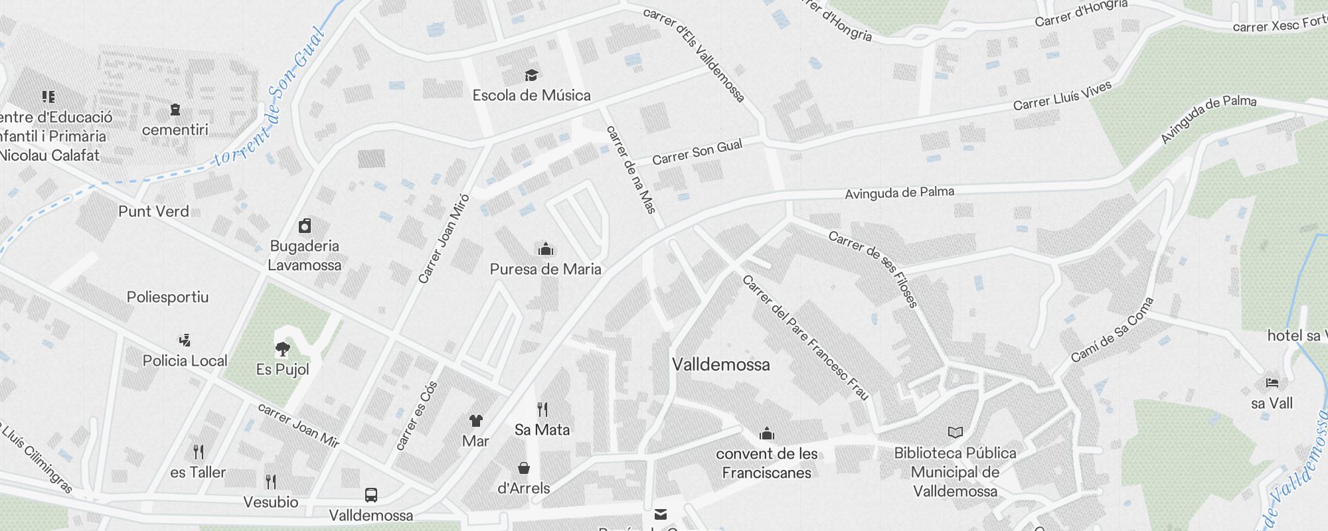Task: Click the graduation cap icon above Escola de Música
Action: coord(531,74)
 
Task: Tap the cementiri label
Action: coord(175,129)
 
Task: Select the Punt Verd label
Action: coord(153,211)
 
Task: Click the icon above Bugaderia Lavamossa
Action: coord(305,226)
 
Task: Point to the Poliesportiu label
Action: coord(167,297)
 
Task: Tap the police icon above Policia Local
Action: coord(185,341)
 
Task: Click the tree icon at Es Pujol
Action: coord(283,348)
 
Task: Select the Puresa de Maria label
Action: coord(545,269)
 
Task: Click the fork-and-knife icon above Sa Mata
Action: coord(542,410)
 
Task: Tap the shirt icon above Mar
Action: coord(475,421)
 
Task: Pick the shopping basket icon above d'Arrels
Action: coord(524,468)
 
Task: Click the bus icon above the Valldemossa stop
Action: coord(371,495)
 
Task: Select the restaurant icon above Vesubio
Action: coord(270,481)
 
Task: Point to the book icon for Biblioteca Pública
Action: coord(955,433)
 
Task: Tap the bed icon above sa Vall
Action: coord(1272,383)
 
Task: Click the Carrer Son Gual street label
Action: coord(697,152)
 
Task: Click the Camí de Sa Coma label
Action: coord(1112,330)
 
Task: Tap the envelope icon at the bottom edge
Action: coord(661,514)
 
